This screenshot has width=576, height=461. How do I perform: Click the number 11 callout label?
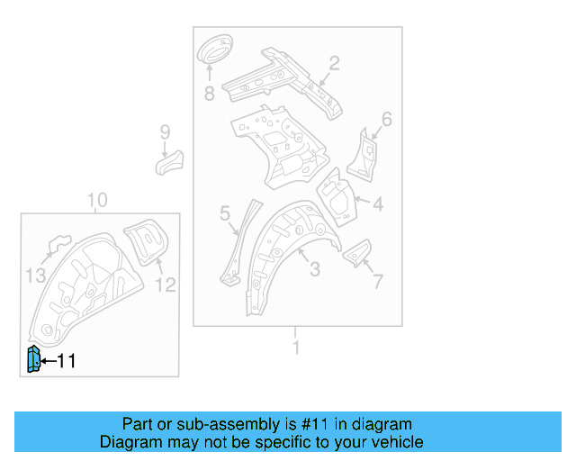click(x=67, y=361)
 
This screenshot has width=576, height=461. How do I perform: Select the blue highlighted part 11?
click(x=32, y=359)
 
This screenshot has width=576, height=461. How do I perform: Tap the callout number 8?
click(x=209, y=93)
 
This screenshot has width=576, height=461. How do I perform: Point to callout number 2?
click(x=333, y=63)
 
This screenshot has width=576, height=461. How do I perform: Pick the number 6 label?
click(x=386, y=119)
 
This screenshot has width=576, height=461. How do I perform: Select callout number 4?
click(x=378, y=204)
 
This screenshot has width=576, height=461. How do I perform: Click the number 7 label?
click(x=377, y=282)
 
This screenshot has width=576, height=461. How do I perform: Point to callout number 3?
click(x=314, y=269)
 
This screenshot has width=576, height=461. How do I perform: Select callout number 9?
click(x=165, y=132)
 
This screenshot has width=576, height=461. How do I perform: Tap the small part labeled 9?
click(x=168, y=162)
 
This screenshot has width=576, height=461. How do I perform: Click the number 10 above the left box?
click(x=97, y=200)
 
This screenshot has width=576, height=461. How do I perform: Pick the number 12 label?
click(x=166, y=285)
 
